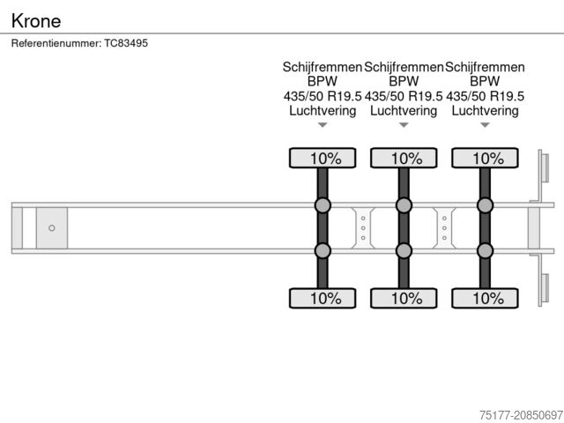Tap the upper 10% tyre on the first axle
click(323, 159)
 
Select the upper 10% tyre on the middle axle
click(404, 159)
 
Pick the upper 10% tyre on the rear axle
click(485, 159)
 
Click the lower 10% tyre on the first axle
click(323, 298)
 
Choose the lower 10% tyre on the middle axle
click(404, 298)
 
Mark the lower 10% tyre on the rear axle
click(485, 298)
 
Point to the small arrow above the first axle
click(323, 125)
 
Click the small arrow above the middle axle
click(404, 125)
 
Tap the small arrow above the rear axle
click(485, 125)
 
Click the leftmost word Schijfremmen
click(323, 67)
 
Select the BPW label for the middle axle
click(404, 81)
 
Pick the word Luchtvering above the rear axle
click(485, 111)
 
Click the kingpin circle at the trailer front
click(52, 228)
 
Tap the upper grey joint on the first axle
click(323, 206)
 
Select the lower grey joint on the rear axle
click(485, 250)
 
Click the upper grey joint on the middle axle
click(404, 206)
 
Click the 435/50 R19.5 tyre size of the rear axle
click(486, 96)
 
